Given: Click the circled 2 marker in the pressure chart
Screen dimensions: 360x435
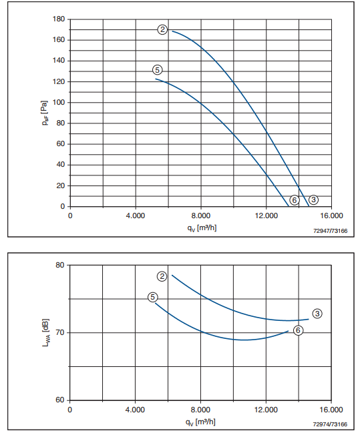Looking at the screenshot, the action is [162, 29].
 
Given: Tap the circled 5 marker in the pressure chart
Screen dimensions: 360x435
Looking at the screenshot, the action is [157, 70].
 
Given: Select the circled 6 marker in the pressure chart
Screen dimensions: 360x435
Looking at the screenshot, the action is [295, 199].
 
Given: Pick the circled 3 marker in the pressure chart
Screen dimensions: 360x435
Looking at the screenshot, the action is [314, 199].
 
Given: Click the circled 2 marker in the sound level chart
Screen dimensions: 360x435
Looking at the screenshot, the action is [162, 276].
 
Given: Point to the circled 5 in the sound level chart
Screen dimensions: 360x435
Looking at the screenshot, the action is [152, 297].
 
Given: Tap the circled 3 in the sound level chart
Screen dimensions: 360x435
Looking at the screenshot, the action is [317, 314].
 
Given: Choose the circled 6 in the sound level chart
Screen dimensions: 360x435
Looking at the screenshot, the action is [298, 330].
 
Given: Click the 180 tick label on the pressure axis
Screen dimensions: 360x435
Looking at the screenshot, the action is [59, 19].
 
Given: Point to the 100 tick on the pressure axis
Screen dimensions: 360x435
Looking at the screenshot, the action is [59, 102].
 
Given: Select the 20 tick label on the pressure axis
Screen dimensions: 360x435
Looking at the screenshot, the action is [61, 185].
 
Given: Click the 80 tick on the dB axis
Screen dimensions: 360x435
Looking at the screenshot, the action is [60, 265].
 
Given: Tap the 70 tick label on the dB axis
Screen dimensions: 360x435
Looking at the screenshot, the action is [60, 332].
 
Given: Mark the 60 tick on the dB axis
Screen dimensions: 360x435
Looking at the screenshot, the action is [60, 400].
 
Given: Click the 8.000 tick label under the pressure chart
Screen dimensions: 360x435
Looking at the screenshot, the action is [201, 216].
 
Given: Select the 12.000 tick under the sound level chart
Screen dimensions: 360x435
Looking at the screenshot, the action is [266, 410].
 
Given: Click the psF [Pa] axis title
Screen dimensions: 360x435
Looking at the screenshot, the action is [45, 113].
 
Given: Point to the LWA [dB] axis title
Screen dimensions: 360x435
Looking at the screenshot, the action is [45, 333].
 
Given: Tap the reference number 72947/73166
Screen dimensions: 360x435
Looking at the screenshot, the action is [330, 231].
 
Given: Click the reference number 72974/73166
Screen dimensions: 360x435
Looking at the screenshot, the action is [330, 424].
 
